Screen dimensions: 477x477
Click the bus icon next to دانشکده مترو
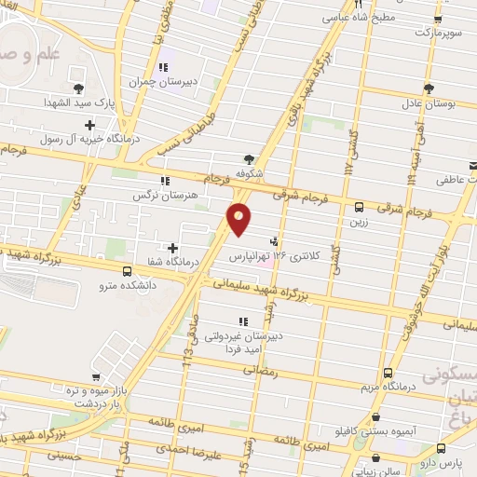127,271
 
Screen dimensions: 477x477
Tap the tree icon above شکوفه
248,158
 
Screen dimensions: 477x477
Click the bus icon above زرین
358,207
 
